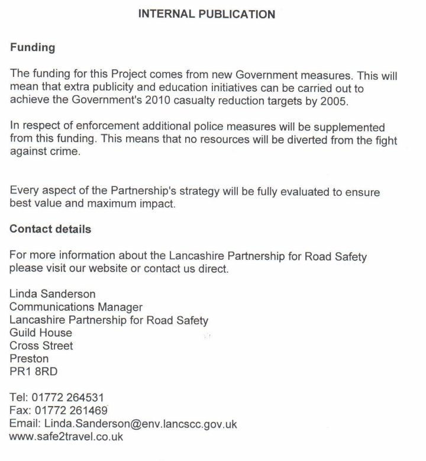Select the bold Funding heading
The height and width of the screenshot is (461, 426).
click(31, 48)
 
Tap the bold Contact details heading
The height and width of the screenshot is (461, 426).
click(50, 229)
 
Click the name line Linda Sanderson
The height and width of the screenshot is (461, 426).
click(53, 294)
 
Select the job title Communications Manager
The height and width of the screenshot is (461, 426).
click(76, 307)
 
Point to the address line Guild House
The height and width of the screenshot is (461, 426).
click(41, 333)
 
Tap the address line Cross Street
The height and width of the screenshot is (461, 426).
click(41, 346)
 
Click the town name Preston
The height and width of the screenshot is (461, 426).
click(30, 359)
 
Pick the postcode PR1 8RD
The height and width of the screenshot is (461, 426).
click(34, 372)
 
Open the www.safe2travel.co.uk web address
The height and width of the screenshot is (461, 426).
click(66, 437)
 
